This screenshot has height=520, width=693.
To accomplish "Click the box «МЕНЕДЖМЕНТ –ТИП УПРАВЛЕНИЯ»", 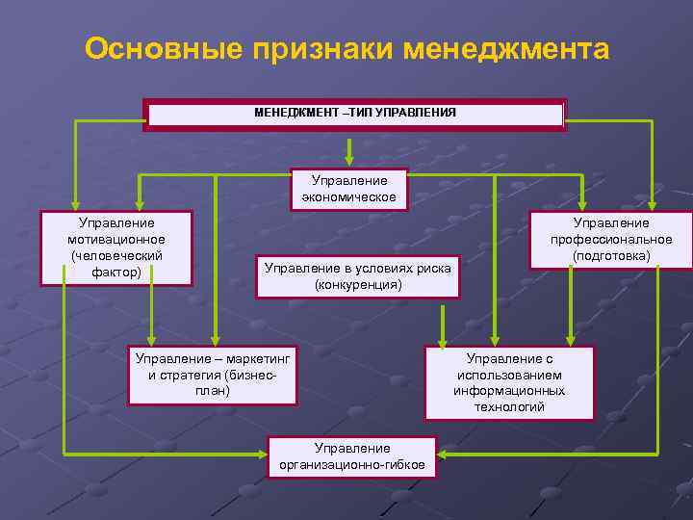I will tap(354, 114).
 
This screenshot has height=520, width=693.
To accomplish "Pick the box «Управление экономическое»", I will tap(349, 189).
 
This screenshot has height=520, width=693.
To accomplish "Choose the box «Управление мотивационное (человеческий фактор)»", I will tap(115, 248).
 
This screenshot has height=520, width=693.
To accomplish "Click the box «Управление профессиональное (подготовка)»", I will tap(611, 239).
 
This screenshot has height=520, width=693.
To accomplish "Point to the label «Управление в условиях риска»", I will tap(358, 269).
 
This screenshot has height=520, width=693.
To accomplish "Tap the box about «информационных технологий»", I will tap(509, 382).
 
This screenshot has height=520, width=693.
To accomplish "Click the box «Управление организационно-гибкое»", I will tap(352, 456).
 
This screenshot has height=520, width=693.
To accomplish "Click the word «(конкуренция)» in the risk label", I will tap(358, 285).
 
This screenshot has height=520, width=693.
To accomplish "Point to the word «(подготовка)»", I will tap(611, 255).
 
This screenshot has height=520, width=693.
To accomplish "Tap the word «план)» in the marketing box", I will tap(213, 391).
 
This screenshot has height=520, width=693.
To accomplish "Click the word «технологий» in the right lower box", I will tap(509, 407).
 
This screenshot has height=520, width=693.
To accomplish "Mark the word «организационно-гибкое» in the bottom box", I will tap(352, 465).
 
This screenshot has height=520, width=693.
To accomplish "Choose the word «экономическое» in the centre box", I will tap(349, 196).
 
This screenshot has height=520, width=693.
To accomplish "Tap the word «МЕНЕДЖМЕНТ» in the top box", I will tap(290, 114).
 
